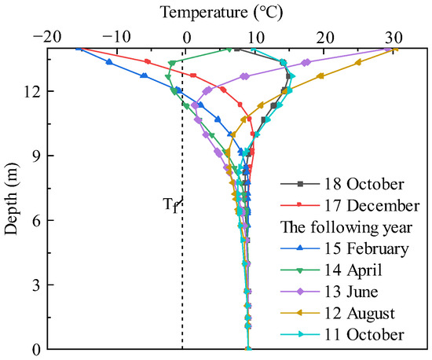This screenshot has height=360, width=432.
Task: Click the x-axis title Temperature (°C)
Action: tap(221, 12)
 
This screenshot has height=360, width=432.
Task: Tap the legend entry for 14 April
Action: tap(353, 271)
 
